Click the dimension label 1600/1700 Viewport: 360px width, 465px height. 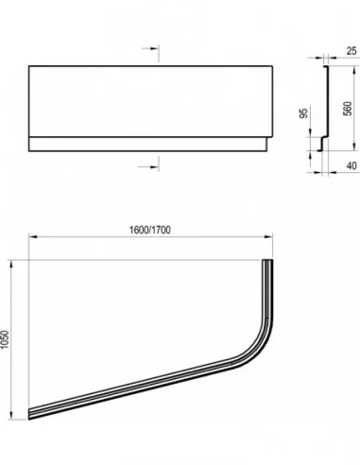point(150,230)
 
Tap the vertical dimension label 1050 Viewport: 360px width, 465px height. point(6,339)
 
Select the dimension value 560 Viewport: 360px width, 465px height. point(347,109)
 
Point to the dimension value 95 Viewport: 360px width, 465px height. point(303,112)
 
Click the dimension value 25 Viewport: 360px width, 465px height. point(351,51)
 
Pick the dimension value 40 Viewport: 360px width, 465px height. point(351,165)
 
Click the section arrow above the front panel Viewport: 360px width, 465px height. point(150,48)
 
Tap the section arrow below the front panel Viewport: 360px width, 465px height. point(148,166)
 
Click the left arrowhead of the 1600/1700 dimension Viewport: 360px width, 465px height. point(33,236)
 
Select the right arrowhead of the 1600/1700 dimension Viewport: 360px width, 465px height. point(268,236)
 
